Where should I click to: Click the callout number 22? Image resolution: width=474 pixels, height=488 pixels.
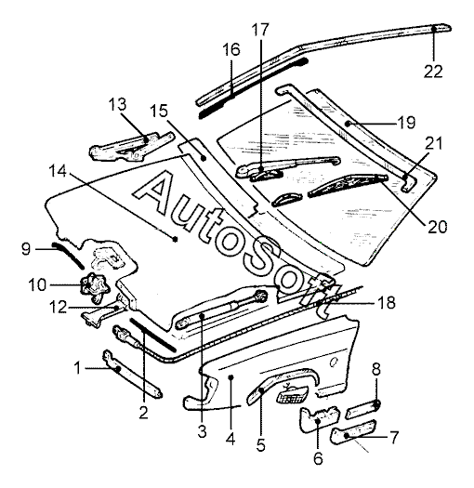tap(433, 72)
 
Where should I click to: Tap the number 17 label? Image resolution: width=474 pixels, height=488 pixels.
tap(260, 30)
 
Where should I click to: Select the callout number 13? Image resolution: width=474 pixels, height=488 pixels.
tap(117, 104)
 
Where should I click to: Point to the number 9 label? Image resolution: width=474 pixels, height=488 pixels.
tap(26, 249)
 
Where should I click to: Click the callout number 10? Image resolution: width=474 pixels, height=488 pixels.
tap(37, 284)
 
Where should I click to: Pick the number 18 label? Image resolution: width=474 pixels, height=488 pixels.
tap(387, 302)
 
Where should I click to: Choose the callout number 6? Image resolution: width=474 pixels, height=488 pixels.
tap(318, 458)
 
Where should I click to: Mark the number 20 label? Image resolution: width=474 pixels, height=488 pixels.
tap(437, 227)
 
